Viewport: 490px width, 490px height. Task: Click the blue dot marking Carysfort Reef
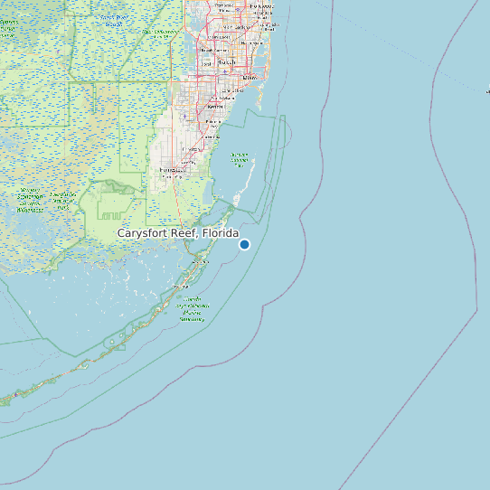click(x=244, y=244)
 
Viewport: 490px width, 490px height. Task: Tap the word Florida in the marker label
click(x=221, y=233)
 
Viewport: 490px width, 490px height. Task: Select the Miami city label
click(x=249, y=78)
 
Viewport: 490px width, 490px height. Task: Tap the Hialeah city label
click(x=226, y=62)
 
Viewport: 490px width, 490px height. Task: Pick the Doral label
click(x=206, y=64)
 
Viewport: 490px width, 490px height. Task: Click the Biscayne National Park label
click(x=240, y=159)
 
